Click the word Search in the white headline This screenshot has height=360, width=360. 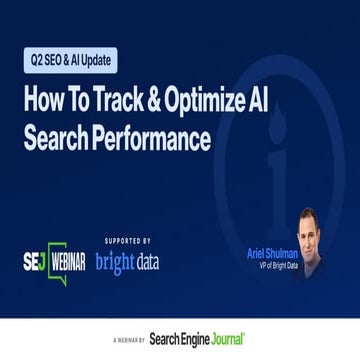56,137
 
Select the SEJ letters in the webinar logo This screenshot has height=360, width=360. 34,261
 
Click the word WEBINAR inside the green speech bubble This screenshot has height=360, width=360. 66,262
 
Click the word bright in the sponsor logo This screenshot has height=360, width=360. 114,262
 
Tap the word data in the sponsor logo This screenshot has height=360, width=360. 146,262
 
